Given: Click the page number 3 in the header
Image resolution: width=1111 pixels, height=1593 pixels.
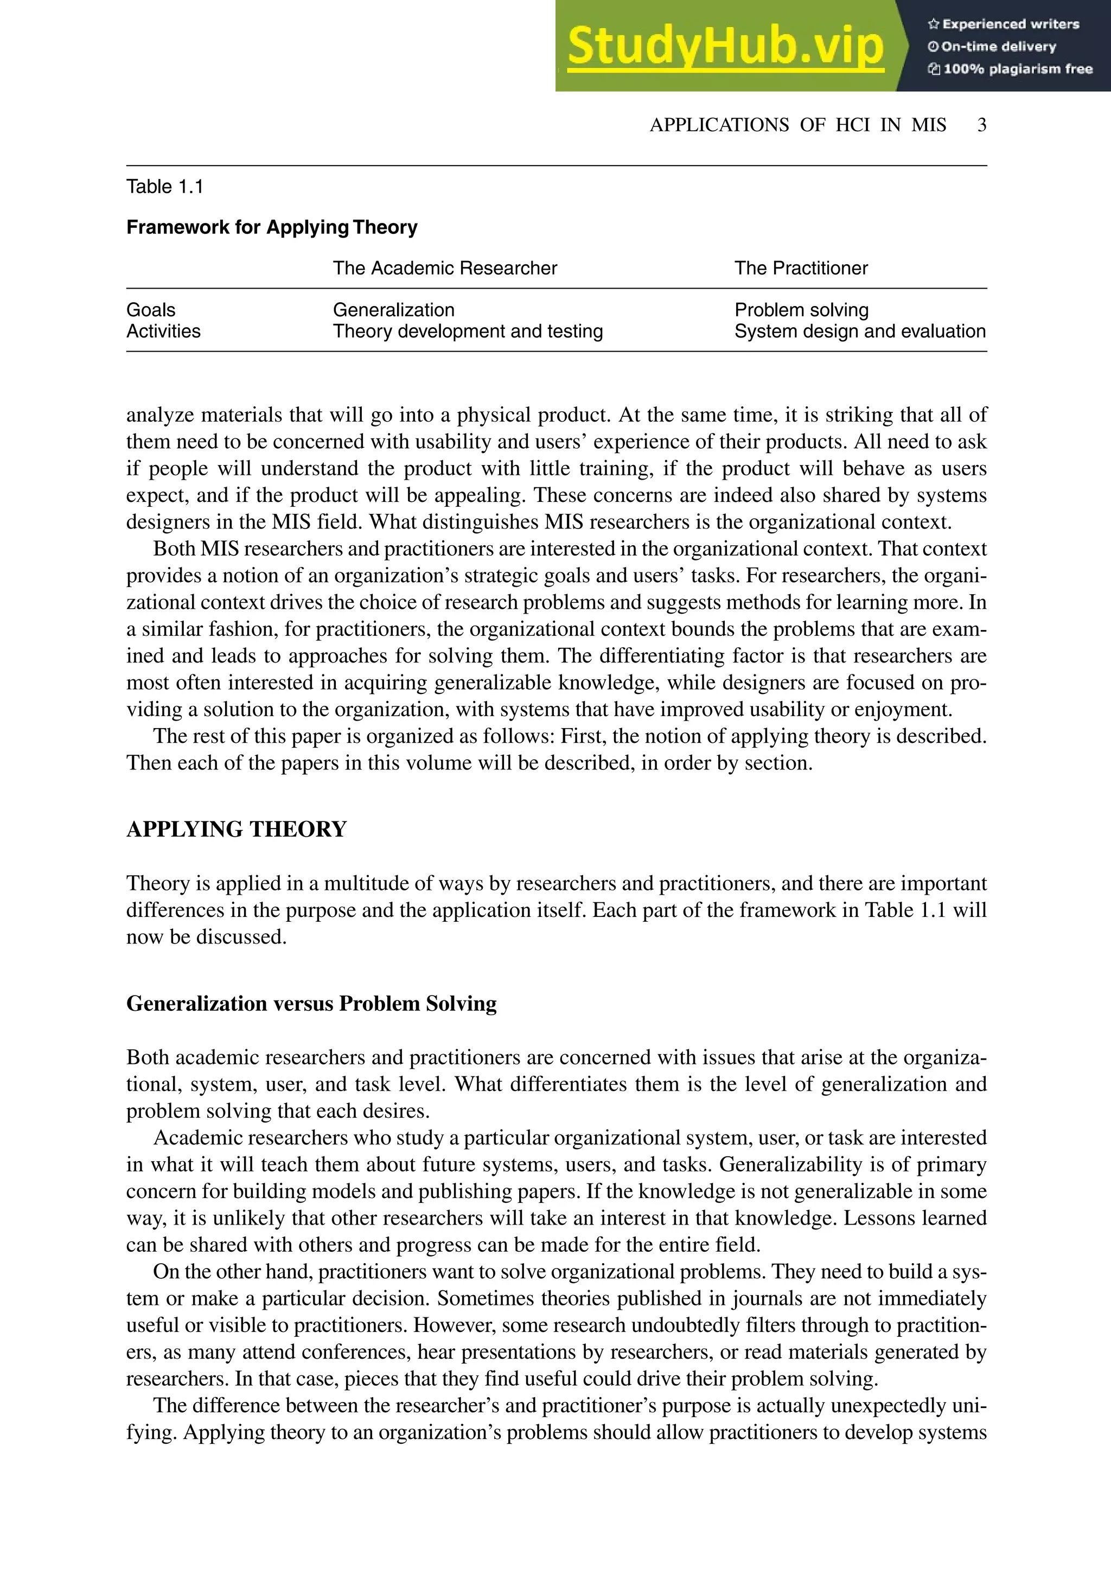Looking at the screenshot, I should coord(981,125).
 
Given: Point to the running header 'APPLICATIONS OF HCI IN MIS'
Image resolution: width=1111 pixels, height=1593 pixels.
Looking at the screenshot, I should coord(797,125).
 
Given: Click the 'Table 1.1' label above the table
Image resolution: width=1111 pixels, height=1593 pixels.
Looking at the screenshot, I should coord(164,187).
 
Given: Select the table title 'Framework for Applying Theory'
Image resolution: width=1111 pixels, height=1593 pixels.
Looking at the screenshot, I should coord(272,227).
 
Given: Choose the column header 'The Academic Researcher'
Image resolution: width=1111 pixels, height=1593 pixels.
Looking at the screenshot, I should coord(444,269).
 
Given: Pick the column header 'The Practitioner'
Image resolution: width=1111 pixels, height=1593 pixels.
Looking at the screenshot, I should coord(801,269).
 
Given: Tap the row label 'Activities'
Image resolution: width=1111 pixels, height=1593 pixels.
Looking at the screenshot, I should coord(163,331).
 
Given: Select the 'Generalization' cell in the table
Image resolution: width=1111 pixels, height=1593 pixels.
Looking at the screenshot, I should coord(393,310).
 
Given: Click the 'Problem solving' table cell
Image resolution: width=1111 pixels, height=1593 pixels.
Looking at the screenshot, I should coord(801,310).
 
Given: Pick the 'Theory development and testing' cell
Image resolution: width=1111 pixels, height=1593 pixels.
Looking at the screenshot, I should coord(468,331).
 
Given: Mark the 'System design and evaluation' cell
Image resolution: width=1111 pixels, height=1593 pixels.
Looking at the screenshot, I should coord(860,331).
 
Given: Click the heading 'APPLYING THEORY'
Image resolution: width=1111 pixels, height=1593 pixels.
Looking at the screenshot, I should coord(236,829).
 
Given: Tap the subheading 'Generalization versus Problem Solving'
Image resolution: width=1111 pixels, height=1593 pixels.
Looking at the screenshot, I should coord(311,1004).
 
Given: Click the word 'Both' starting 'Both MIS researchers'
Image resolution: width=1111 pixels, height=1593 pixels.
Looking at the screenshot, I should coord(174,549).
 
